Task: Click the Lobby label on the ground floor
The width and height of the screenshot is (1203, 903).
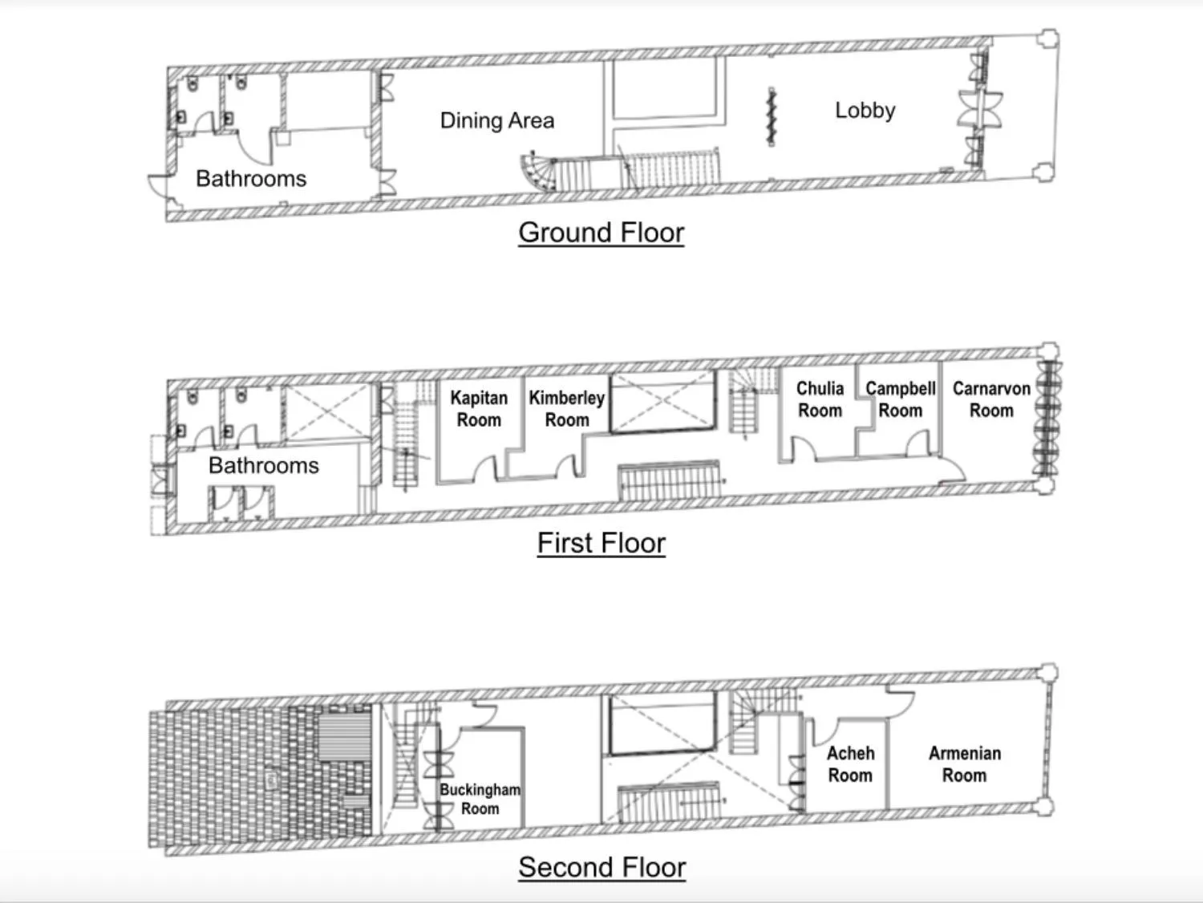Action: coord(865,111)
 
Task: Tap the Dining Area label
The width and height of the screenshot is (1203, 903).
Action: coord(496,121)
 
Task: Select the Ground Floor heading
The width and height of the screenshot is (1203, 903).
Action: coord(601,233)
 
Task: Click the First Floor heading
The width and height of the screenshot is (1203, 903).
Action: coord(601,543)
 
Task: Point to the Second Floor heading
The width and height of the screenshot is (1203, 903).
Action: coord(601,867)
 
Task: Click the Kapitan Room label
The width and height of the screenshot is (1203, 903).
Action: coord(479,409)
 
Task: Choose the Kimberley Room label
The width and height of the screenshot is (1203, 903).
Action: coord(566,409)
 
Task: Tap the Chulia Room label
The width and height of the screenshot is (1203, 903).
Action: coord(820,399)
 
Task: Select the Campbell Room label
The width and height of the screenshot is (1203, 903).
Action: coord(900,399)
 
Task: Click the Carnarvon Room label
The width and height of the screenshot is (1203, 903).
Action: coord(991,399)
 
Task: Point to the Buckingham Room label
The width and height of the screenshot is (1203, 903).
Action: coord(480,799)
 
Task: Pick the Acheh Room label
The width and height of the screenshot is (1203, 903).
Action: coord(850,764)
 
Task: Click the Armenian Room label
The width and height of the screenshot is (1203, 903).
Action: coord(964,764)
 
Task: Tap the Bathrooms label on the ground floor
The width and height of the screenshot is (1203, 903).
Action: coord(251,179)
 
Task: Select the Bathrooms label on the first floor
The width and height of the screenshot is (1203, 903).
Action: coord(263,466)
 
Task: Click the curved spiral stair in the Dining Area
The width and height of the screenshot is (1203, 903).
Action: coord(537,172)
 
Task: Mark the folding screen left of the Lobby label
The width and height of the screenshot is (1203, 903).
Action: coord(772,117)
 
